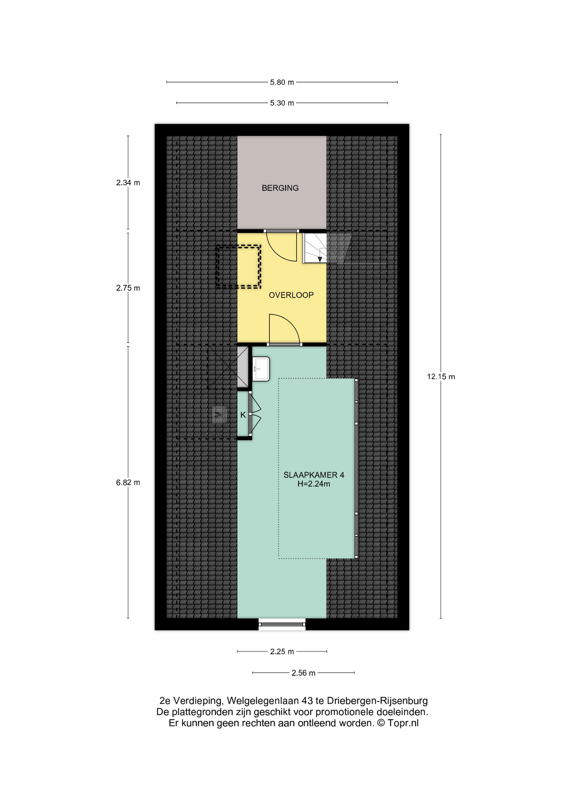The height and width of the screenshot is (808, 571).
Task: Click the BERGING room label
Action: (280, 188)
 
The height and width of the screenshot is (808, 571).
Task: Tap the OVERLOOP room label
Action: (291, 295)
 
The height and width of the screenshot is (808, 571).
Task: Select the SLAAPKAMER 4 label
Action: (314, 475)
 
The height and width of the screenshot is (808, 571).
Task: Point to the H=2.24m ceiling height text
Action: (314, 484)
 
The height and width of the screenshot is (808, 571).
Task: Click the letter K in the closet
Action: (243, 415)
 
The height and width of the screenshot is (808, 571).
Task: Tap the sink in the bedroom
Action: (261, 369)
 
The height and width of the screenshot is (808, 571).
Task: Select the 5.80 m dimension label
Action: (282, 82)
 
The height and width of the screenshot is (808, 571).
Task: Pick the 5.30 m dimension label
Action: (282, 103)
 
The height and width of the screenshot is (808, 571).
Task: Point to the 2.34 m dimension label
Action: (128, 183)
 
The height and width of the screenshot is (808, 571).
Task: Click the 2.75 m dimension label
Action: (128, 288)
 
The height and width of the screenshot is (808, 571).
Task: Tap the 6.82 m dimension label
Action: (128, 483)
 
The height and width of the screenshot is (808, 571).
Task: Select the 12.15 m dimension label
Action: (441, 377)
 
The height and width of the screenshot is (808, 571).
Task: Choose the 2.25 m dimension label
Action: (282, 651)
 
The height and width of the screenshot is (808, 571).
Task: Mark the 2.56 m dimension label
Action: (303, 673)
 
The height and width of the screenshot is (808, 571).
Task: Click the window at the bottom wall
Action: (282, 624)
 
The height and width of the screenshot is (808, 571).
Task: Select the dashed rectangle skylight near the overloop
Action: (238, 267)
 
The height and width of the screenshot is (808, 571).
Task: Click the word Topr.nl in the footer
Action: (403, 723)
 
